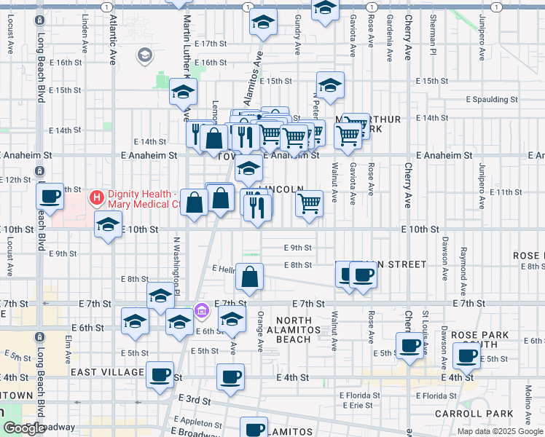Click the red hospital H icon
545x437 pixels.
(95, 197)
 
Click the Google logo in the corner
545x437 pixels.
(23, 429)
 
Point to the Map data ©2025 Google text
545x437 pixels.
(500, 431)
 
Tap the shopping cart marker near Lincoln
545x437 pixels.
(310, 203)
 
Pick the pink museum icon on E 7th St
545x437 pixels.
(202, 311)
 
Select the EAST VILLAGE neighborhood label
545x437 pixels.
(105, 371)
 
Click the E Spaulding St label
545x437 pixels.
(492, 99)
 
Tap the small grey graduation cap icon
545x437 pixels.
(144, 54)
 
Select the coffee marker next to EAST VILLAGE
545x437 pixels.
(160, 375)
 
